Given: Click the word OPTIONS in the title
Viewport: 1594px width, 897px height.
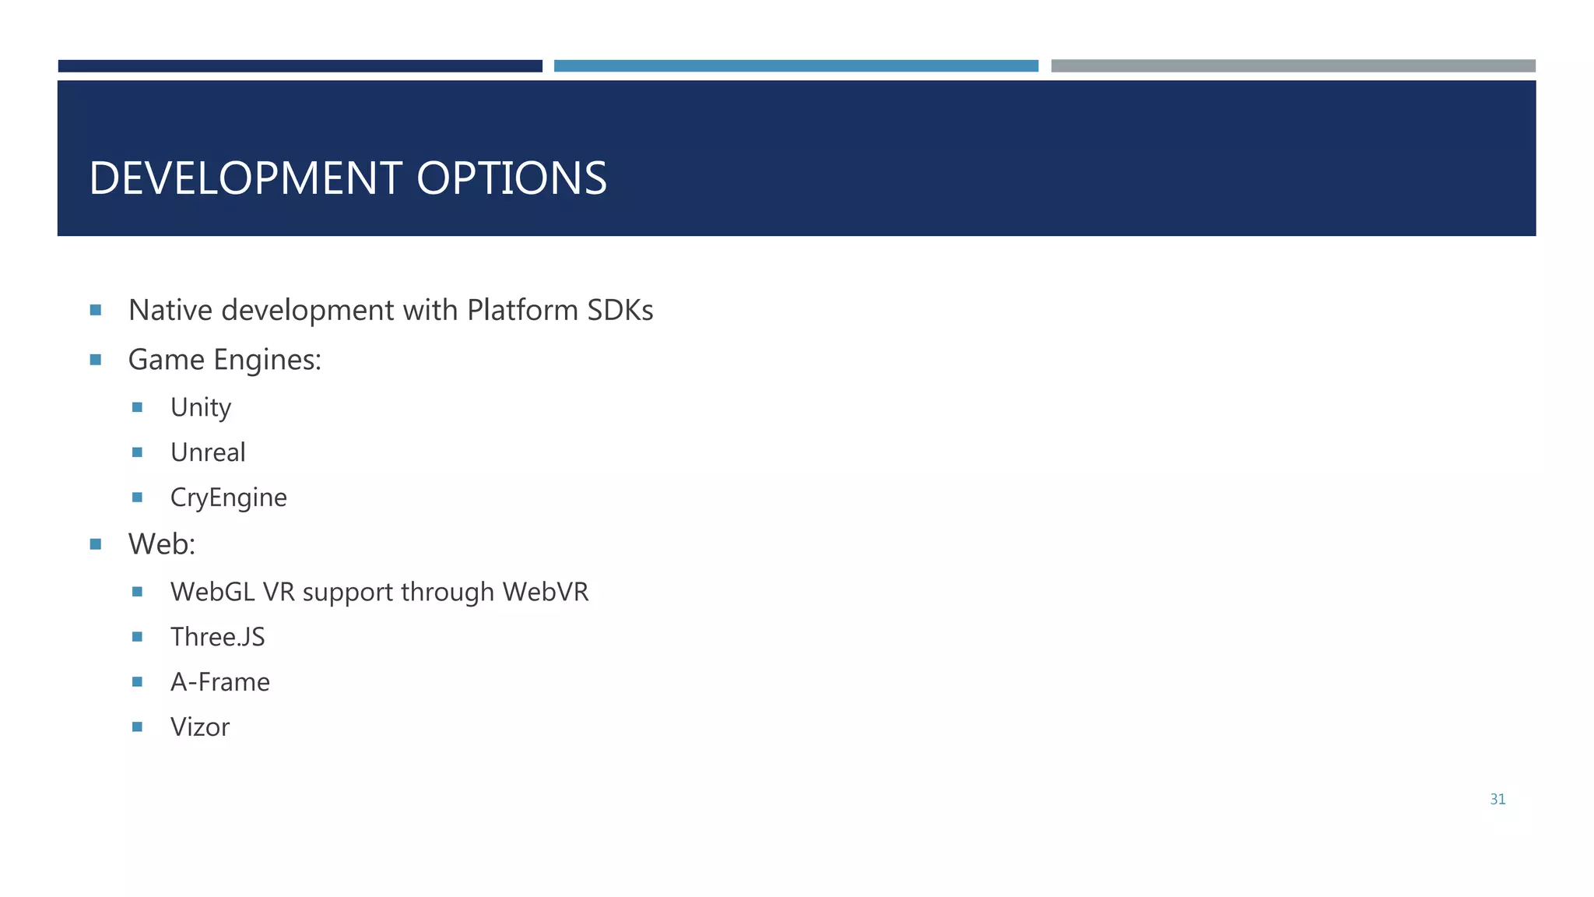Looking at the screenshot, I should pos(511,178).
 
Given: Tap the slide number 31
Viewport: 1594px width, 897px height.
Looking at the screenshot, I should pos(1497,799).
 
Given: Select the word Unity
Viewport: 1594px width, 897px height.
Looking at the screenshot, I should pos(201,408).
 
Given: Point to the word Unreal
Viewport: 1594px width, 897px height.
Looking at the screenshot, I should pos(208,452).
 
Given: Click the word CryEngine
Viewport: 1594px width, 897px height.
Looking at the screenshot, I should pos(228,498).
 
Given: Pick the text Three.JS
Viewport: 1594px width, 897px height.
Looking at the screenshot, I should pos(217,637).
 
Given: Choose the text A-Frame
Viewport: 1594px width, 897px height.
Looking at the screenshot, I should pos(219,682).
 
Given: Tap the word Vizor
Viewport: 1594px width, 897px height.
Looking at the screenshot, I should pos(200,727).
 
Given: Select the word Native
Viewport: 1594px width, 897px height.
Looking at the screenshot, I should pos(170,310).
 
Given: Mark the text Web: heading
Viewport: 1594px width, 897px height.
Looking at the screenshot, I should pos(162,543).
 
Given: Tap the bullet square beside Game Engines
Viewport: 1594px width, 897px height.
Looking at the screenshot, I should pos(96,360).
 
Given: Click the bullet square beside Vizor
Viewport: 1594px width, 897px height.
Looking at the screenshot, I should pos(138,726).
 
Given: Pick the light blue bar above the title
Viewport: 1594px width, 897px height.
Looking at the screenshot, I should pos(795,66).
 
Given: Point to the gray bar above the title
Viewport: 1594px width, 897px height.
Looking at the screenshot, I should pos(1293,66).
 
